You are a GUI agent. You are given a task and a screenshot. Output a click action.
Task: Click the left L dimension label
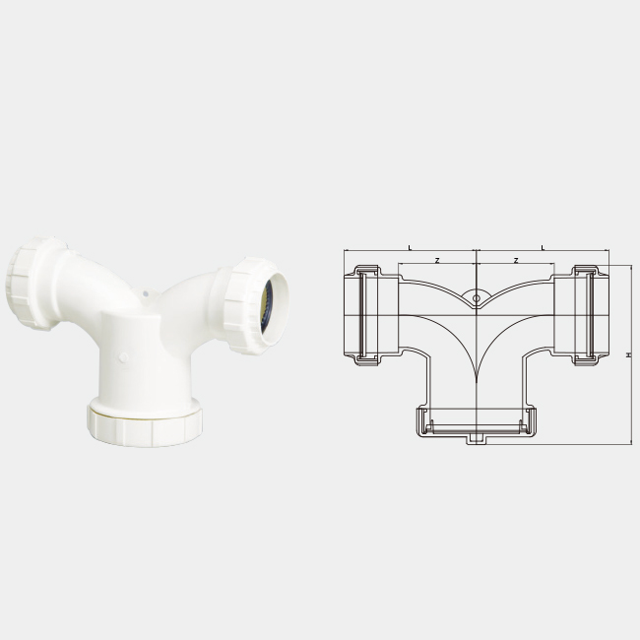(411, 247)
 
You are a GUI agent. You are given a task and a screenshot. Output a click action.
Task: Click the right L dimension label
(543, 247)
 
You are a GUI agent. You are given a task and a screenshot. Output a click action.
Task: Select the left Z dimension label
(437, 260)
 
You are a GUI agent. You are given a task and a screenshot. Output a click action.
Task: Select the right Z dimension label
(516, 260)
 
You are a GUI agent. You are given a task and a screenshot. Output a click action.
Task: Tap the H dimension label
(629, 355)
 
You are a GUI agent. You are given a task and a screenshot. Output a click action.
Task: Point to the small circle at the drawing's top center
(477, 298)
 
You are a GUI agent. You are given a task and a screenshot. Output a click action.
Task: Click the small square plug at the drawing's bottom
(475, 439)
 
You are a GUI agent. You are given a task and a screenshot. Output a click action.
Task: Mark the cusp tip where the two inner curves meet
(477, 382)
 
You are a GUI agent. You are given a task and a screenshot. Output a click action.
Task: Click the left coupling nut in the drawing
(367, 315)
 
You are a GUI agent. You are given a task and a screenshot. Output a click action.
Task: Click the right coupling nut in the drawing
(586, 315)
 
